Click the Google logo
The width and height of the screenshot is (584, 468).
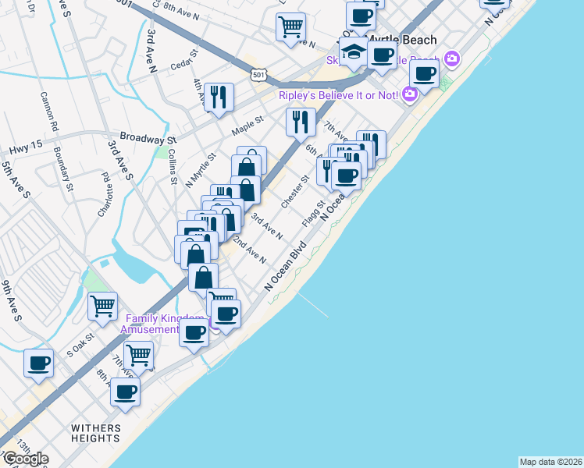pos(25,459)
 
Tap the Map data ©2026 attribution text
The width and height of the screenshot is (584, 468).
pos(551,462)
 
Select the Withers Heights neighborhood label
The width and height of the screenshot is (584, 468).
pos(96,433)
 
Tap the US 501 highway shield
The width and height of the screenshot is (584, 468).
pos(258,74)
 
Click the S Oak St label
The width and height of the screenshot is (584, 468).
pos(80,344)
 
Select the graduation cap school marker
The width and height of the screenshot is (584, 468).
pos(354,53)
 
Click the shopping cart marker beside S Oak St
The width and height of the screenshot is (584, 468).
pos(102,307)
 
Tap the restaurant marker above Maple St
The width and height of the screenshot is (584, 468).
pos(219,97)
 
